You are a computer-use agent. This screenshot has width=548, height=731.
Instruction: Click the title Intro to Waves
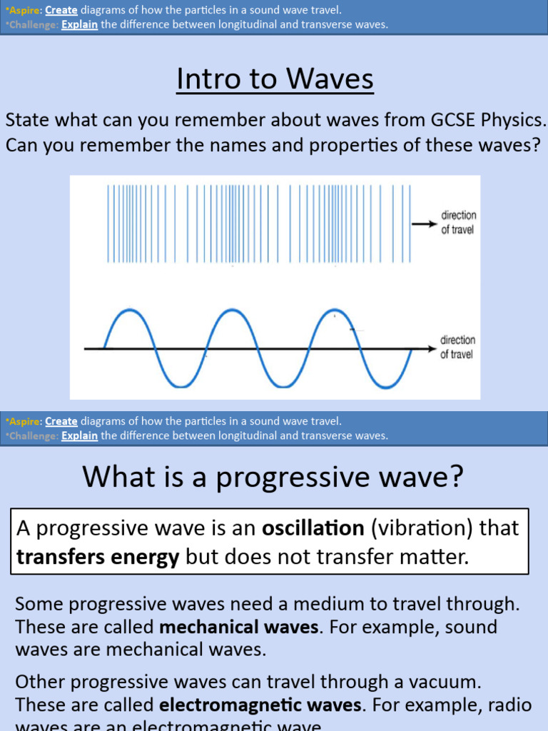(x=275, y=79)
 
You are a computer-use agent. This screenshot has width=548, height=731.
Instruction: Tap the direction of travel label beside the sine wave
(x=457, y=348)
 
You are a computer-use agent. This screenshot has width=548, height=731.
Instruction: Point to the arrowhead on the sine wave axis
(x=432, y=348)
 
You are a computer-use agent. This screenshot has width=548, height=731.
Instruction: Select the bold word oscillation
(x=313, y=528)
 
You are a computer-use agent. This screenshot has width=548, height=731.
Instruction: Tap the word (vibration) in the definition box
(x=414, y=528)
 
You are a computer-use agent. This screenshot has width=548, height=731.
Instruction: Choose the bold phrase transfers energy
(x=98, y=557)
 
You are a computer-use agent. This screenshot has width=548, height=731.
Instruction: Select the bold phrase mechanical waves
(x=238, y=627)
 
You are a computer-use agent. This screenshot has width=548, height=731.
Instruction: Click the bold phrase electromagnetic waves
(x=260, y=705)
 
